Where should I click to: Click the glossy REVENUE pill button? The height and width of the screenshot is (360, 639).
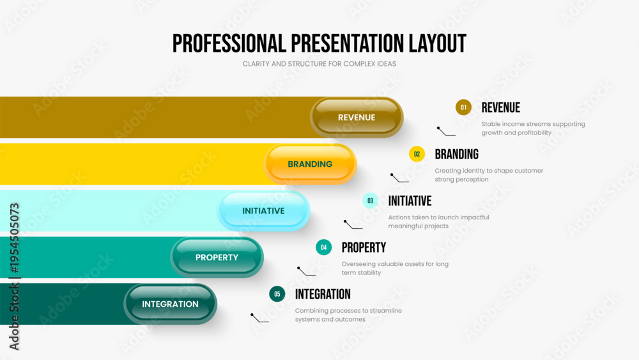(x=357, y=118)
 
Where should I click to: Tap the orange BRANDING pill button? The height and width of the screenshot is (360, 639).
(x=310, y=164)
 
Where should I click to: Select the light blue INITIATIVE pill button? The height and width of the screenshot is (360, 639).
(x=264, y=211)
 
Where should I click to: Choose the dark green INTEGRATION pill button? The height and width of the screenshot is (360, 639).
(x=171, y=304)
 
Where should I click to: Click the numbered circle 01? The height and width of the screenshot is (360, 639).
(x=463, y=107)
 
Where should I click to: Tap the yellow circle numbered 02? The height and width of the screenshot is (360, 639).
(x=417, y=154)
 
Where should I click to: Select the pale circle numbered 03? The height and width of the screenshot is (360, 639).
(x=371, y=201)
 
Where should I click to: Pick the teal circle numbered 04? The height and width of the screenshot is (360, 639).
(x=323, y=247)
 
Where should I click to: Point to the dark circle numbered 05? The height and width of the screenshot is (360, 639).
(x=277, y=294)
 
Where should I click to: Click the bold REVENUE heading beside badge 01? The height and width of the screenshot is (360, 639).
(x=501, y=107)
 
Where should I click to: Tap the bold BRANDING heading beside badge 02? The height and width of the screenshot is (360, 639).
(x=456, y=154)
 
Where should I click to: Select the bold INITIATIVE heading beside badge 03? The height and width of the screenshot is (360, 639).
(x=410, y=201)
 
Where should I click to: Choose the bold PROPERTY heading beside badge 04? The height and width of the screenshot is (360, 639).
(x=364, y=247)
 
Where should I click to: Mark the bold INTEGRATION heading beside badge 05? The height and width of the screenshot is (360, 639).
(x=323, y=294)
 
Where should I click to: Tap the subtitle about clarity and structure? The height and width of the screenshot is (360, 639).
(x=319, y=64)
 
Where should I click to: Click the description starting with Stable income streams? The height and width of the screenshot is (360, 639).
(x=533, y=128)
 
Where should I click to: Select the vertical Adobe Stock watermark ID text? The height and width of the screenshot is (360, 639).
(x=14, y=276)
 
